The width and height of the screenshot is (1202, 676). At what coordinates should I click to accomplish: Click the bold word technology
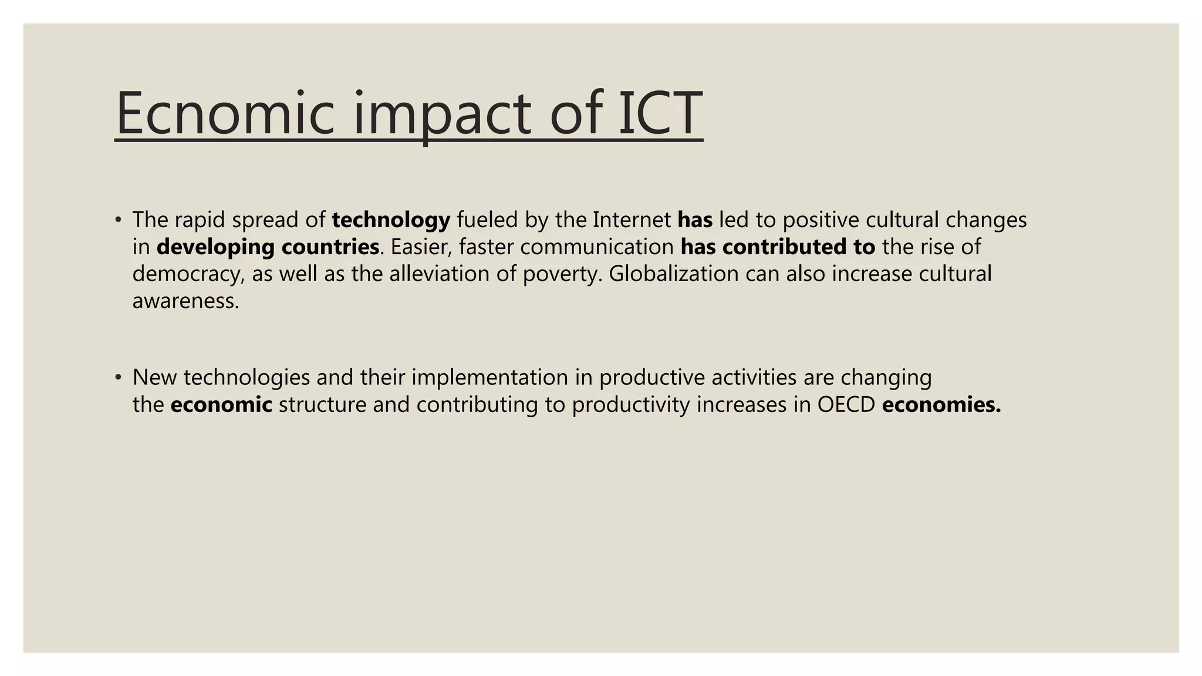[x=391, y=220]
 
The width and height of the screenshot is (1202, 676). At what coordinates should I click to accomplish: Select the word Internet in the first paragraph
[x=632, y=220]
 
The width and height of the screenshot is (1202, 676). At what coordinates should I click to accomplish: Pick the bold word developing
[x=215, y=248]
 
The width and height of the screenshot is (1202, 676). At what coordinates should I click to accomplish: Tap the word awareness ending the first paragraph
[x=185, y=302]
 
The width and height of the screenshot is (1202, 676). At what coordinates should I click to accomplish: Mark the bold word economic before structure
[x=221, y=405]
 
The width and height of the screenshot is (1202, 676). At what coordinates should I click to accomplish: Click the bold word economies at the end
[x=940, y=405]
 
